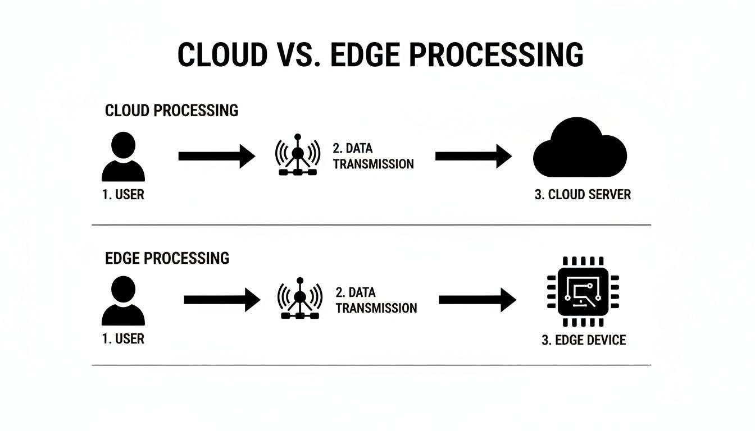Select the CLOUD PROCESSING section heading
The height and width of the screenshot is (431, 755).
click(x=171, y=111)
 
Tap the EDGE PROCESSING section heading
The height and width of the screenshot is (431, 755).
click(x=167, y=258)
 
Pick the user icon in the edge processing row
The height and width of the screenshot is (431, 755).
click(x=123, y=301)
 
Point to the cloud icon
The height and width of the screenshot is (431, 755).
click(x=579, y=148)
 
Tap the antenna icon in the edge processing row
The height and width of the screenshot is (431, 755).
click(x=300, y=298)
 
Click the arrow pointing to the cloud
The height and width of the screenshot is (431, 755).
click(x=473, y=156)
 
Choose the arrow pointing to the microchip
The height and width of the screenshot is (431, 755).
click(x=476, y=300)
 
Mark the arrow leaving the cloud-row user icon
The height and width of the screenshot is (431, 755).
click(x=216, y=156)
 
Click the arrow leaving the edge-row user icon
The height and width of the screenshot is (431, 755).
click(x=222, y=300)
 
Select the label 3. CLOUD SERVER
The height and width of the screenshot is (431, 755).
click(x=583, y=195)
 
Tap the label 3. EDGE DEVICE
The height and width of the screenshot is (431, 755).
click(x=583, y=340)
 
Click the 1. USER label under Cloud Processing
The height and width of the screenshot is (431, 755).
click(x=123, y=195)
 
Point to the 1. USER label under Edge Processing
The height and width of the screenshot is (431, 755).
click(x=123, y=339)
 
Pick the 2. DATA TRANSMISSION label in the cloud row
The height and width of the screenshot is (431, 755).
click(x=373, y=156)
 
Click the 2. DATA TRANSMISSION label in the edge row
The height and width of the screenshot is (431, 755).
click(x=376, y=300)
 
